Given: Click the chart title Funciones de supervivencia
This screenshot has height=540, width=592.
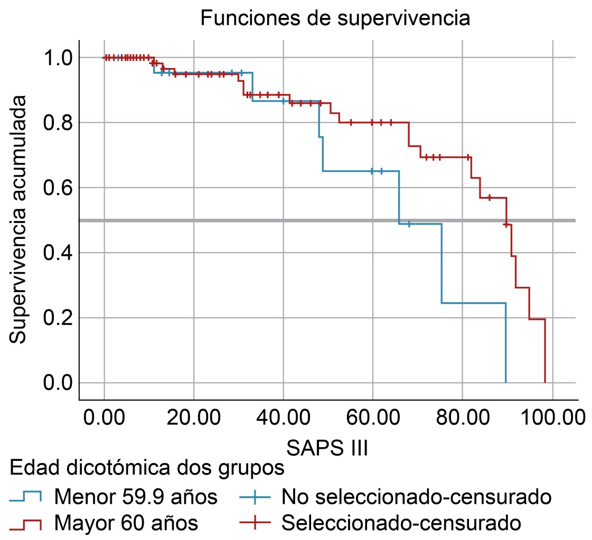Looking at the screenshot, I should pyautogui.click(x=335, y=19).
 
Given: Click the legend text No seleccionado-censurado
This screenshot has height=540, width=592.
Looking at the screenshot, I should pyautogui.click(x=417, y=497).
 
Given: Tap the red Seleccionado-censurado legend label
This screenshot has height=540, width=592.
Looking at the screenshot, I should pyautogui.click(x=401, y=523).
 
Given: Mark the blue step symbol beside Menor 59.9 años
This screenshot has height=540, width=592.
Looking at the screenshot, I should pyautogui.click(x=25, y=497).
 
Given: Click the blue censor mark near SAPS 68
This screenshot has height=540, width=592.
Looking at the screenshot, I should pyautogui.click(x=409, y=224).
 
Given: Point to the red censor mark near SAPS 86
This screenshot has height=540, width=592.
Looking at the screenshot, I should pyautogui.click(x=490, y=198).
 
